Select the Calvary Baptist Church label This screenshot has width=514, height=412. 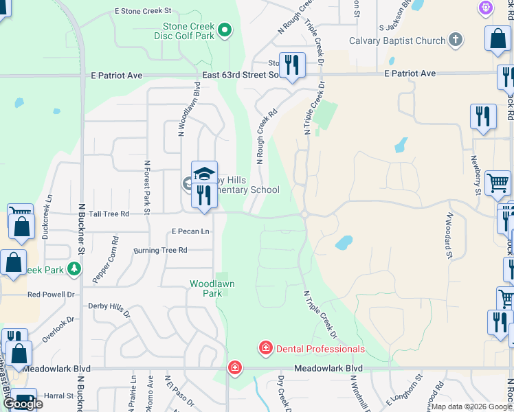[397, 41]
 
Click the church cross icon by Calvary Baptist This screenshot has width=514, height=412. [456, 41]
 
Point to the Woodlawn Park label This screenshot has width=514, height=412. [206, 288]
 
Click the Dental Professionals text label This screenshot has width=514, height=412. [320, 349]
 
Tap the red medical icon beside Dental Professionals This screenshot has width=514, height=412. [265, 349]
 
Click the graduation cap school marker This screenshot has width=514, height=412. [204, 173]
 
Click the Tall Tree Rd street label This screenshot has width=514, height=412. [109, 214]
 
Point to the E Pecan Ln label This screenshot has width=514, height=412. [190, 231]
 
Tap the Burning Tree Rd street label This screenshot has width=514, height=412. [161, 251]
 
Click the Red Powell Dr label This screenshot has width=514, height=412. [51, 294]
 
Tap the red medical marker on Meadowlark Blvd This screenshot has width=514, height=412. [235, 368]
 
